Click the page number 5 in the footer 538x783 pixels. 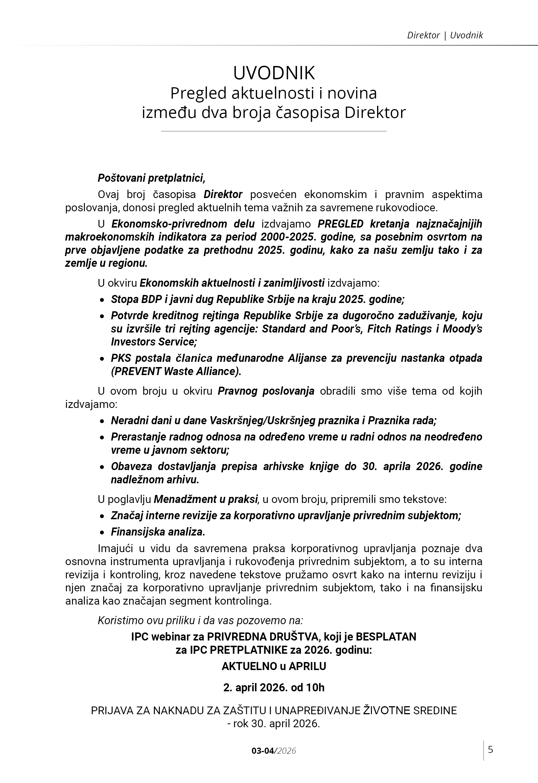tap(491, 749)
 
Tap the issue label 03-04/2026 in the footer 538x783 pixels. tap(274, 751)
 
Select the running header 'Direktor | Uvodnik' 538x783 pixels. tap(445, 35)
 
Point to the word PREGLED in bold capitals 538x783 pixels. tap(340, 224)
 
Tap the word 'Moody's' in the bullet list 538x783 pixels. tap(462, 328)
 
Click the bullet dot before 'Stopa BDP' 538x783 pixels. tap(102, 300)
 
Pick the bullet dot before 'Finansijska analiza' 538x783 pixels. tap(102, 532)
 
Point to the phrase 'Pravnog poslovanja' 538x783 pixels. tap(266, 391)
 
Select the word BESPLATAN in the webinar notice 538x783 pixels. tap(386, 637)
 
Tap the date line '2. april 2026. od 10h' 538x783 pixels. tap(274, 687)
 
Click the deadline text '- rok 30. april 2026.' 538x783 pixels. tap(274, 724)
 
